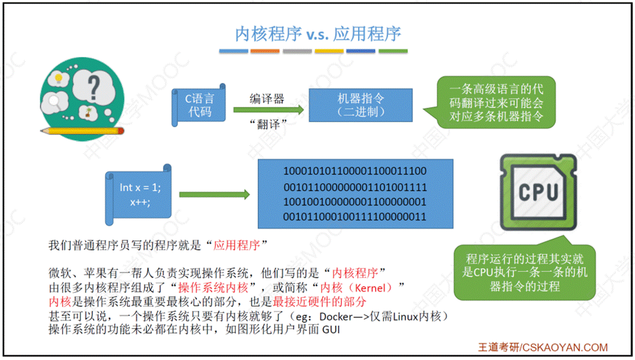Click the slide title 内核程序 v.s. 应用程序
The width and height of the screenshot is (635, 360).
pyautogui.click(x=318, y=33)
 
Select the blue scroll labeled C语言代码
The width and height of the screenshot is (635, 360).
pyautogui.click(x=198, y=105)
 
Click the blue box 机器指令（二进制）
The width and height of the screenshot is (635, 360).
pyautogui.click(x=361, y=105)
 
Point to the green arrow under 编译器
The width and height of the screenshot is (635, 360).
pyautogui.click(x=268, y=110)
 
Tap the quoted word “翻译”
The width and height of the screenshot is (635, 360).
pyautogui.click(x=268, y=124)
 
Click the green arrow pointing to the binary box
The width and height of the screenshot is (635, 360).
pyautogui.click(x=214, y=195)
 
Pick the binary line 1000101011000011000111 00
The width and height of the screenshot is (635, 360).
pyautogui.click(x=355, y=171)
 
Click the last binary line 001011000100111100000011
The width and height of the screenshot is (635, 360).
pyautogui.click(x=355, y=217)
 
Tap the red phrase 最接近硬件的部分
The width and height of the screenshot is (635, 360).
pyautogui.click(x=320, y=301)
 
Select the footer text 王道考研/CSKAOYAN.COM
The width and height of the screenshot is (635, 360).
pyautogui.click(x=543, y=348)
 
